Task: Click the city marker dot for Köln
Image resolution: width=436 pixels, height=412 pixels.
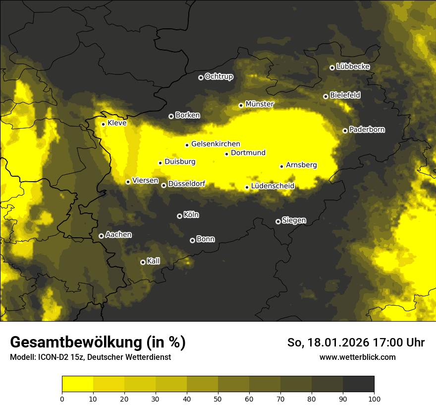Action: click(x=179, y=216)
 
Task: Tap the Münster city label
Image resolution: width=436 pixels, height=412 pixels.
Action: click(x=260, y=104)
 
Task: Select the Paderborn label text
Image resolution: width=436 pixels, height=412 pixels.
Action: click(x=367, y=130)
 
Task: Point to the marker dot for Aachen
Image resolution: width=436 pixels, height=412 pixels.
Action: click(x=101, y=236)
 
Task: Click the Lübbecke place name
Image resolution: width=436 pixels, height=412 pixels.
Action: click(x=353, y=67)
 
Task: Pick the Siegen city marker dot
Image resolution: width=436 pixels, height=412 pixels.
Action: click(x=278, y=221)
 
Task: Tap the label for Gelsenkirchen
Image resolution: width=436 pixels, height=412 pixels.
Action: click(x=216, y=144)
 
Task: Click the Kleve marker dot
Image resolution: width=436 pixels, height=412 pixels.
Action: click(x=103, y=124)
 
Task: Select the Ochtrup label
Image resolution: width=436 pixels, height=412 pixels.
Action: click(x=218, y=76)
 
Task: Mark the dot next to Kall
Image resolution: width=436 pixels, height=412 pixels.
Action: click(x=143, y=262)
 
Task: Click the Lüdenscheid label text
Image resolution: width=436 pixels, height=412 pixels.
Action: click(x=272, y=186)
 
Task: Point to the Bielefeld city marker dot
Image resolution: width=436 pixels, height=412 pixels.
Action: click(x=326, y=96)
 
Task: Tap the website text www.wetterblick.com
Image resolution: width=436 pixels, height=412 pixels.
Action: click(x=357, y=357)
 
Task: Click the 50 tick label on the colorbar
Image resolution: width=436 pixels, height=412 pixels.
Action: click(x=218, y=398)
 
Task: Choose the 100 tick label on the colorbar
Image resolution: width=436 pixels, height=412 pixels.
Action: click(x=374, y=398)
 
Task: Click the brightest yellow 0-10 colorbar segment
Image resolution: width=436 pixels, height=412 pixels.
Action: click(x=77, y=384)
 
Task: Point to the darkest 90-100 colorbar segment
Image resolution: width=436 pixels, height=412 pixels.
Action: click(x=358, y=384)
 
